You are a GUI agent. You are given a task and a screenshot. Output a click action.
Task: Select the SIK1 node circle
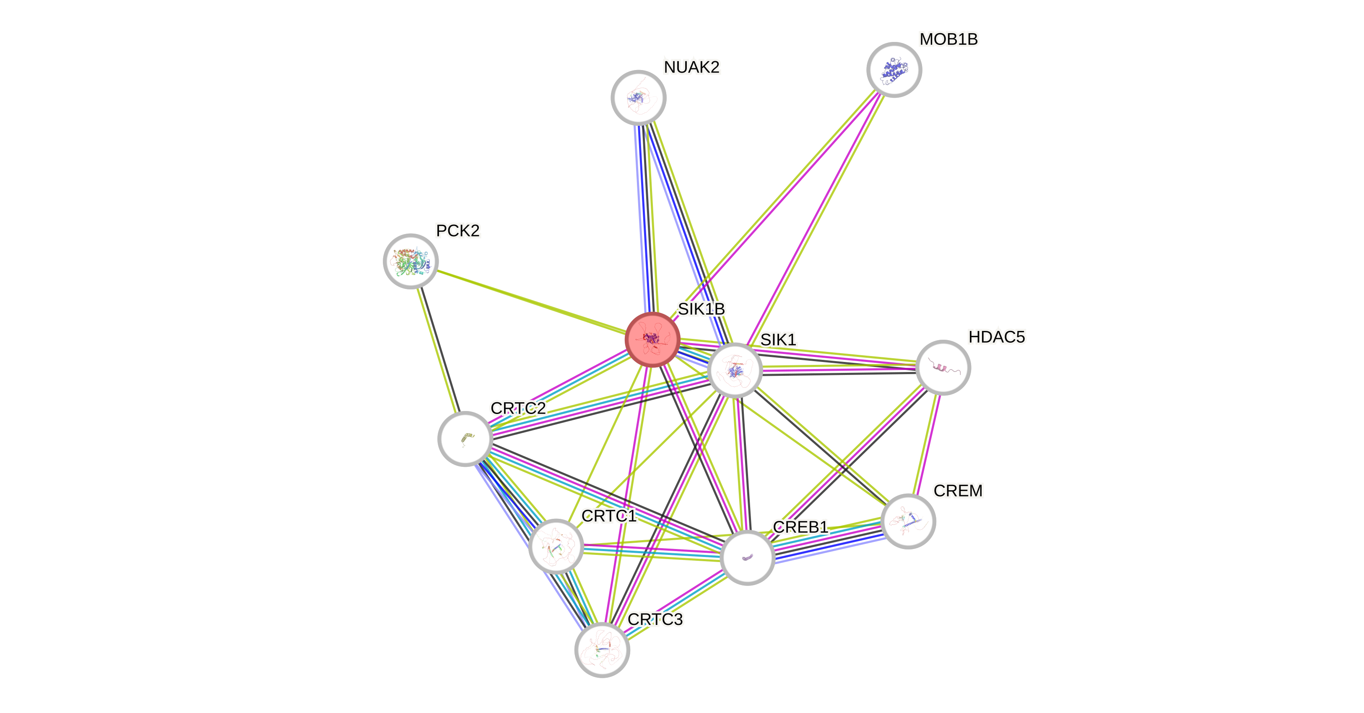coord(735,370)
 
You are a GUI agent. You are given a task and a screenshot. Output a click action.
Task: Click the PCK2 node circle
coord(410,261)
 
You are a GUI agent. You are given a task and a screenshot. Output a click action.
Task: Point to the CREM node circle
coord(908,521)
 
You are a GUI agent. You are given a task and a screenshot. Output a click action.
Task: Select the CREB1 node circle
coord(747,557)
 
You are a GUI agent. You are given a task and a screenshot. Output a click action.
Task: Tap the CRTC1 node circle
coord(556,546)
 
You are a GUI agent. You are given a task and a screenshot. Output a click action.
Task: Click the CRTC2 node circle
coord(465,439)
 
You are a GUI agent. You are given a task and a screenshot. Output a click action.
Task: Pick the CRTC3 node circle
coord(602,650)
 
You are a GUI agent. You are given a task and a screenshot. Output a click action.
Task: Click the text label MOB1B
coord(948,39)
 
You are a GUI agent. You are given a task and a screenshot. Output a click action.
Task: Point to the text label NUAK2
coord(691,67)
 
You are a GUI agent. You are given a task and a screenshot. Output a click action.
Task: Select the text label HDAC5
coord(997,337)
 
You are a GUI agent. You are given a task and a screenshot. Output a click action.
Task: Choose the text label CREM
coord(958,491)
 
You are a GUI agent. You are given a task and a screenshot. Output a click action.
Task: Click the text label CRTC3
coord(655,619)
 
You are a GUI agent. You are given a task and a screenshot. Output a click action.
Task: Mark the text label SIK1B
coord(701,309)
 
